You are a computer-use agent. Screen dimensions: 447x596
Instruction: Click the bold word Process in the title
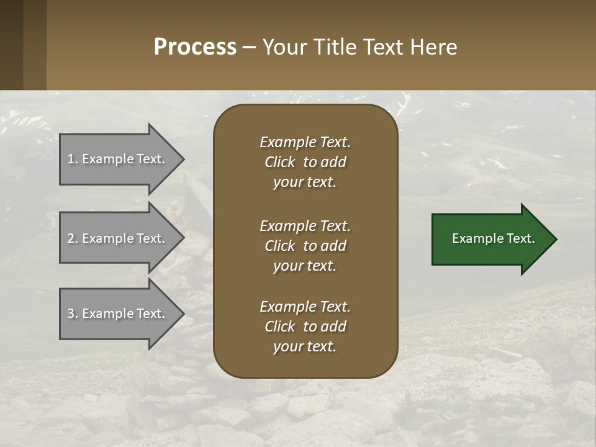(x=195, y=47)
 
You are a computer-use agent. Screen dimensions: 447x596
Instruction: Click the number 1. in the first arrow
(x=73, y=159)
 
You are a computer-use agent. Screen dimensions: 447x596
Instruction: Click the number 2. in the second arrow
(x=73, y=238)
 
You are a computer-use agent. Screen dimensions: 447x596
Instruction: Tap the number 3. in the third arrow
(x=73, y=314)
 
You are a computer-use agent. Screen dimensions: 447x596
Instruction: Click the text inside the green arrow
(x=494, y=238)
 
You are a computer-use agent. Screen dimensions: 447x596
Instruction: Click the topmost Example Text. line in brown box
(x=305, y=142)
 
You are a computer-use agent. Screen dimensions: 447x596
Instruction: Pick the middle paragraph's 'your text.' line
(x=305, y=266)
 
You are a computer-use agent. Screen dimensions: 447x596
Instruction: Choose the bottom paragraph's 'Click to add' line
(x=305, y=327)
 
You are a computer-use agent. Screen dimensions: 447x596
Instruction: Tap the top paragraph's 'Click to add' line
(x=305, y=162)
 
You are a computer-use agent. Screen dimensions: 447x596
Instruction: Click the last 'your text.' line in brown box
(x=305, y=346)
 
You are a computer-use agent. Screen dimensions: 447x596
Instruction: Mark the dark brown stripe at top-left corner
(x=11, y=45)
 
